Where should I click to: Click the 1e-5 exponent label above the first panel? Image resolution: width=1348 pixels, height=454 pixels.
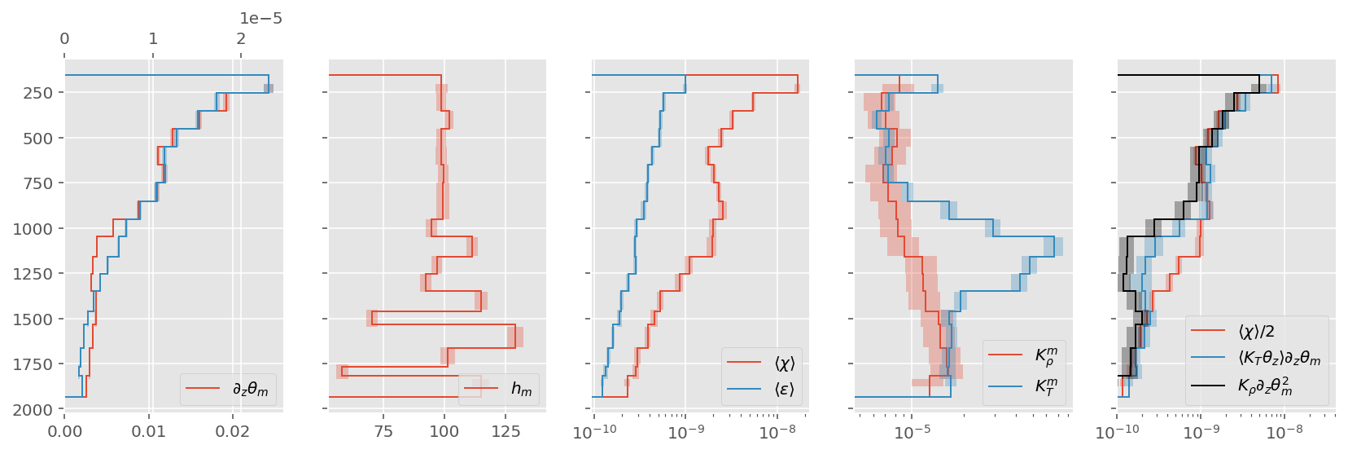point(260,18)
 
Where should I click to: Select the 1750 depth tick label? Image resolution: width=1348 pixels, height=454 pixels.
point(34,364)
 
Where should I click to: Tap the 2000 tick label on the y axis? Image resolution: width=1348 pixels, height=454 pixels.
point(34,409)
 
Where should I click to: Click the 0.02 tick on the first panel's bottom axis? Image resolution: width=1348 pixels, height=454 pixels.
point(233,430)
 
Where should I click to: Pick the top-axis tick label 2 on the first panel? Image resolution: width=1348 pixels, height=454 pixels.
point(241,38)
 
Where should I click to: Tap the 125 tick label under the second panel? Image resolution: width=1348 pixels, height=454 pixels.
point(505,430)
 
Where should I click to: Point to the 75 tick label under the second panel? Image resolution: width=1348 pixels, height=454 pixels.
point(383,430)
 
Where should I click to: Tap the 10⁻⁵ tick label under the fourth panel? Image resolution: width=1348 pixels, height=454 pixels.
point(912,430)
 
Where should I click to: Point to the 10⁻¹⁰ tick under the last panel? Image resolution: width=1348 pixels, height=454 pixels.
point(1117,430)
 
